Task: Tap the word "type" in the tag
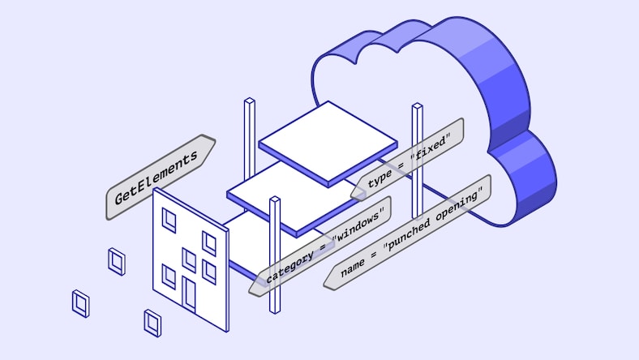[380, 178]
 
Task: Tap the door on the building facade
[190, 293]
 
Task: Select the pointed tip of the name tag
[327, 283]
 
